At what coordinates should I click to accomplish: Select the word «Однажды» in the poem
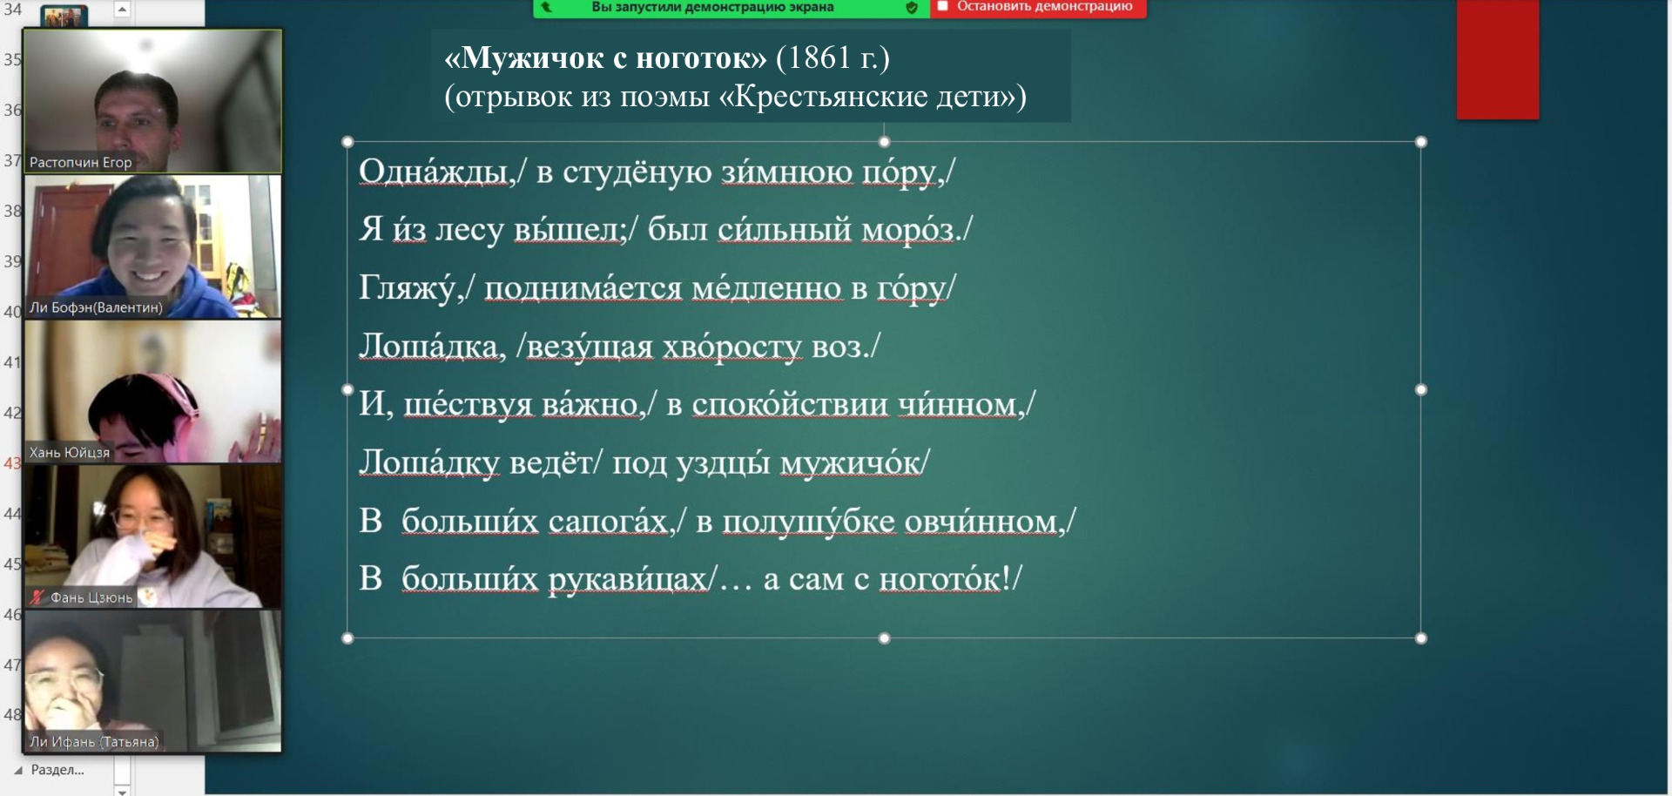[433, 172]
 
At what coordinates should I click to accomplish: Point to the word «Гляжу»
[407, 287]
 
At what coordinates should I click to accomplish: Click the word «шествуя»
[468, 404]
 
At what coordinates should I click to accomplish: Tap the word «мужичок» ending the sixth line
[850, 462]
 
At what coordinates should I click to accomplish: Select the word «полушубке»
[808, 521]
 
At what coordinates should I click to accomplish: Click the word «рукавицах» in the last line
[627, 579]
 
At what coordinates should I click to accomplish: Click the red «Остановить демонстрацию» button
[1038, 7]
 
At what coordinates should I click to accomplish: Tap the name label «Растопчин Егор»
[81, 162]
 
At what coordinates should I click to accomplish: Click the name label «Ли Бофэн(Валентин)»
[96, 307]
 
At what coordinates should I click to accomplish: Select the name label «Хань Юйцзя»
[70, 453]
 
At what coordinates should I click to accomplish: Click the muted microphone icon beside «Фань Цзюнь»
[37, 597]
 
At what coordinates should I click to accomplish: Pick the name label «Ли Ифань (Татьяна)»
[94, 742]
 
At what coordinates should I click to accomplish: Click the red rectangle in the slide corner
[1498, 58]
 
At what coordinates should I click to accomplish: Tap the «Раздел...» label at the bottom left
[57, 770]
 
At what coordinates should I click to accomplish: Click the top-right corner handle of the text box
[1421, 142]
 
